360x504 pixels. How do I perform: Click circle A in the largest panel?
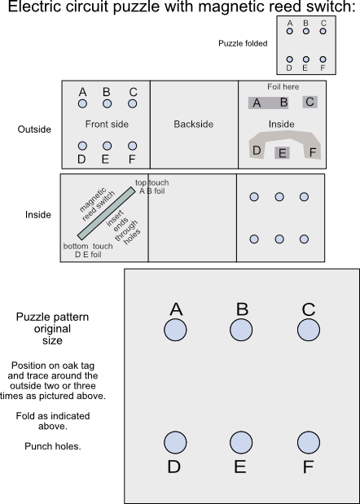[175, 330]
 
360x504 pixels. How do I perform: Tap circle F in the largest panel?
[308, 442]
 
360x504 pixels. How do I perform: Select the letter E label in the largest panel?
[240, 467]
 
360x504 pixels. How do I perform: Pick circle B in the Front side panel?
[107, 104]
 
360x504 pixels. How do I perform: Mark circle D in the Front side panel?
[82, 146]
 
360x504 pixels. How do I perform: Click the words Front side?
[107, 125]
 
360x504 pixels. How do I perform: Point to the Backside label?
[194, 125]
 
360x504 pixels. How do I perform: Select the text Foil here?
[283, 86]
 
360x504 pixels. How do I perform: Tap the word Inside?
[282, 124]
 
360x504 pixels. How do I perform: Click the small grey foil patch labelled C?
[310, 102]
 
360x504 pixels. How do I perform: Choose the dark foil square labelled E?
[282, 152]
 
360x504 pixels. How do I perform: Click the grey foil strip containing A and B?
[270, 103]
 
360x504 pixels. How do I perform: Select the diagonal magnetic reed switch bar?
[107, 213]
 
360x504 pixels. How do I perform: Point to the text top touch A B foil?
[152, 186]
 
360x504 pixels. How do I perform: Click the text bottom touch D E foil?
[88, 250]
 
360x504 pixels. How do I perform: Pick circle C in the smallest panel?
[323, 31]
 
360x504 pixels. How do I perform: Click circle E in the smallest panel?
[305, 59]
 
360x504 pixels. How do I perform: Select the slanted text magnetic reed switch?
[93, 203]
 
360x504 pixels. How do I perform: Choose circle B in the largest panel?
[241, 330]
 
